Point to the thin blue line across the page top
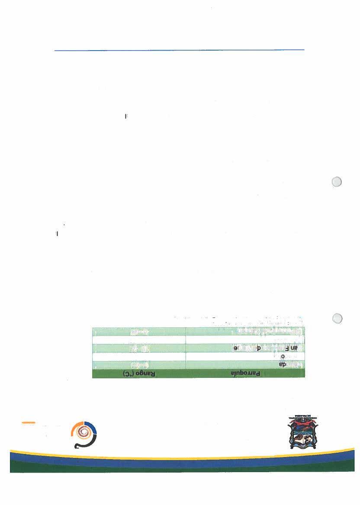point(179,50)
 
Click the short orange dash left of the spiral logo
point(29,422)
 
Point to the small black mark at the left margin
point(57,234)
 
